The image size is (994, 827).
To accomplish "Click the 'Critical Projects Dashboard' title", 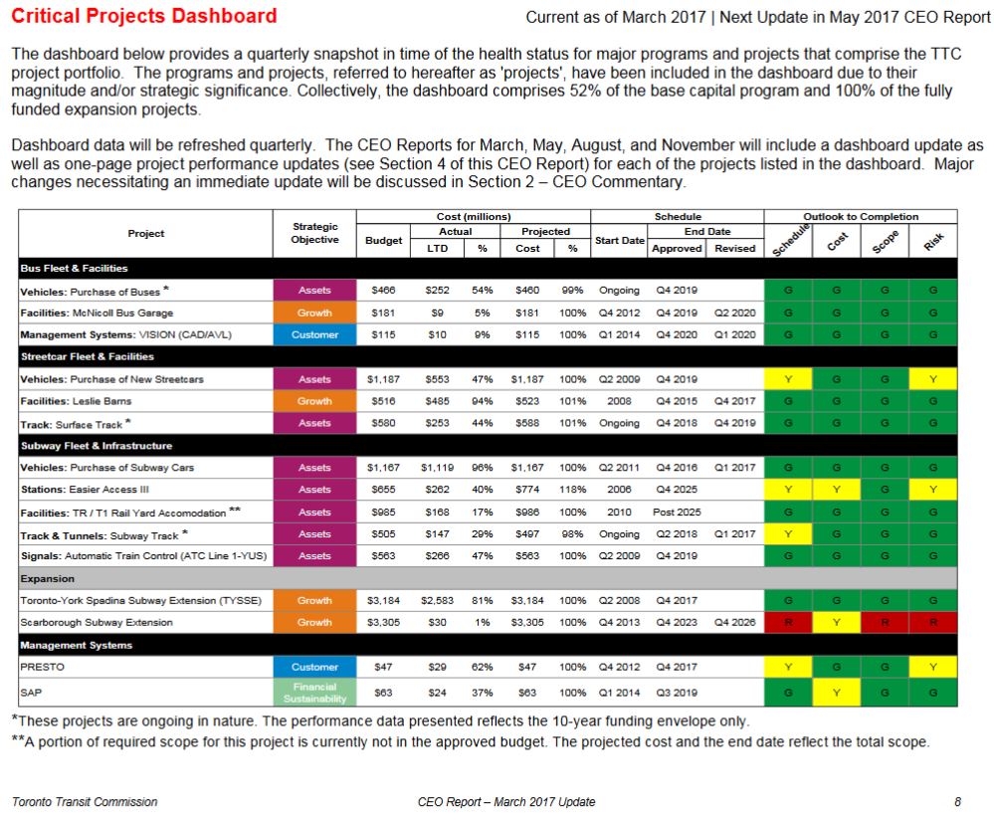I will point(144,16).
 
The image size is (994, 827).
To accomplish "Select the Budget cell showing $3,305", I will point(383,623).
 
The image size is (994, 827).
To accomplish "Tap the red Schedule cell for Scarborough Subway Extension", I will point(788,623).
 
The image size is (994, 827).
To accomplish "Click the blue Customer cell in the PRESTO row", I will point(314,667).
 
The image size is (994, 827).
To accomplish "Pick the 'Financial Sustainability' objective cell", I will point(314,691).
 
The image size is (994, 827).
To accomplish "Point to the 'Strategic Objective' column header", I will point(314,233).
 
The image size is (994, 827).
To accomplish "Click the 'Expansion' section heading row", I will point(488,578).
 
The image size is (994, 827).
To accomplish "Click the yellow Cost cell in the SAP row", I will point(836,691).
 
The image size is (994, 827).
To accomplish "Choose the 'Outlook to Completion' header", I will point(861,216).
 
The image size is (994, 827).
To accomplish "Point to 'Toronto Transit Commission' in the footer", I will point(85,802).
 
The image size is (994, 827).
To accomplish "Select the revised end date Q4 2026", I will point(735,623).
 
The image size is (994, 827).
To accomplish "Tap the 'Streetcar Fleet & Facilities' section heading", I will point(88,356).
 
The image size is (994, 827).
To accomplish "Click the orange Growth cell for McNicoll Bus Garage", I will point(314,312).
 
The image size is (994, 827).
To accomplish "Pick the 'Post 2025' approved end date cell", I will point(677,513).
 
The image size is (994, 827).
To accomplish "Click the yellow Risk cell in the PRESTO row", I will point(932,667).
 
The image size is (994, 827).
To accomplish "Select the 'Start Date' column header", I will point(619,240).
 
